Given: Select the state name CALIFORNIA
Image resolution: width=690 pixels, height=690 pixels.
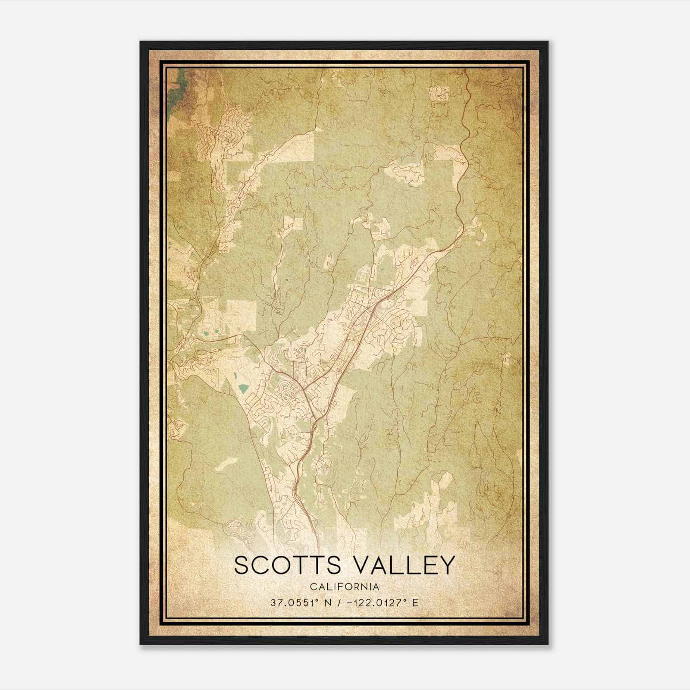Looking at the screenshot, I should [345, 587].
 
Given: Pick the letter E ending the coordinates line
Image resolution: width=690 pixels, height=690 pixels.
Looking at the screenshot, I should [415, 603].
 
